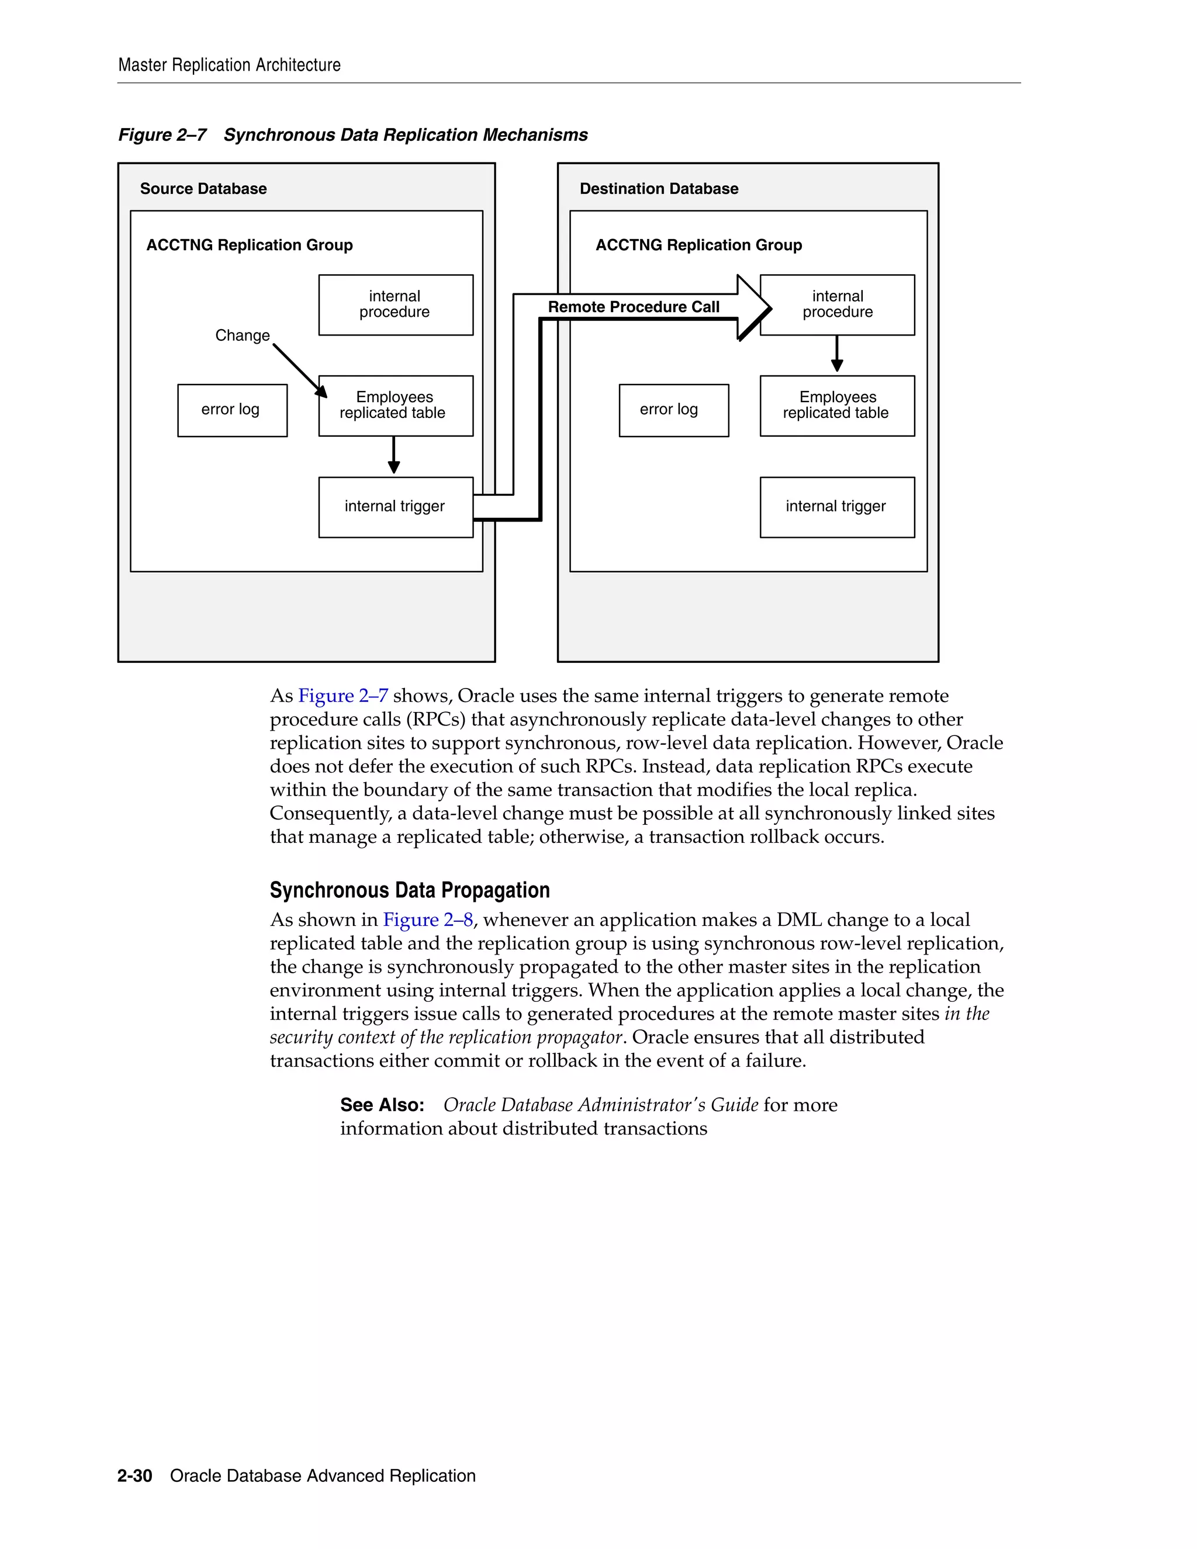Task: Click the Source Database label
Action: [203, 189]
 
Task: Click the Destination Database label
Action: [658, 189]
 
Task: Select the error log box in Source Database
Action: [232, 410]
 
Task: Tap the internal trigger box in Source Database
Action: [395, 506]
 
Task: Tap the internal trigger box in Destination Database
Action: [837, 506]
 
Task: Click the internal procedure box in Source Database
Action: [395, 305]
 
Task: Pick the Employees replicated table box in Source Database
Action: [395, 405]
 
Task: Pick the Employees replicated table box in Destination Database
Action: [837, 405]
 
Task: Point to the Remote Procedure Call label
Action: [633, 307]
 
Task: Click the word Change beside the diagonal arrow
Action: [243, 336]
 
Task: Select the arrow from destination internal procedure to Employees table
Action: [837, 354]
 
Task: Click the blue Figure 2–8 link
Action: [428, 920]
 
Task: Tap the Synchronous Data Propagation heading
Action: [409, 890]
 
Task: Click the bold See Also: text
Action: [382, 1105]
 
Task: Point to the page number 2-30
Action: [135, 1476]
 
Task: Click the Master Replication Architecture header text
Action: [229, 65]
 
